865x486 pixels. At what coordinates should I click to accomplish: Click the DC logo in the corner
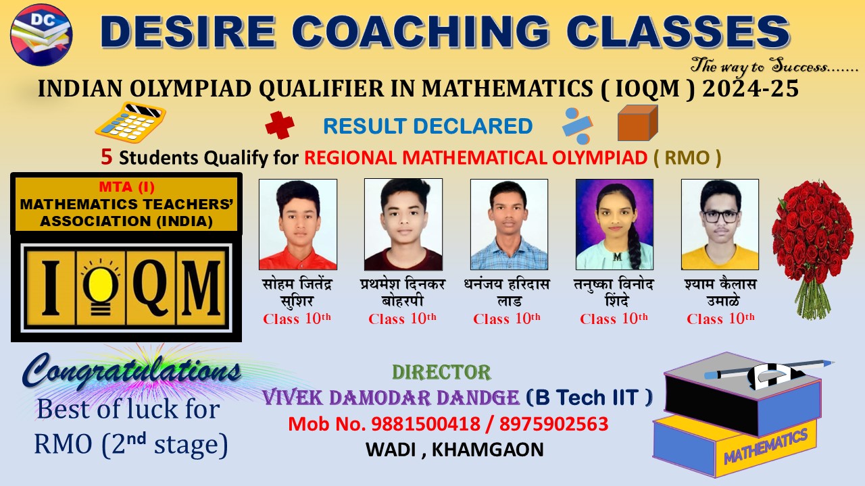click(x=41, y=35)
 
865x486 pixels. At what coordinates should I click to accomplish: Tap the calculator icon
click(x=130, y=123)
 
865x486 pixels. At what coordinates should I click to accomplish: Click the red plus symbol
click(x=280, y=125)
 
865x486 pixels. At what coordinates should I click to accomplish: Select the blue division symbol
click(x=577, y=126)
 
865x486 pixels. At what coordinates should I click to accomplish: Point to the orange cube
click(x=637, y=123)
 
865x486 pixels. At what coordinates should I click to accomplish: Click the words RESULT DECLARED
click(x=428, y=126)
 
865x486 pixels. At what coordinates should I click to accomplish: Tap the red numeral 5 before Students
click(x=107, y=157)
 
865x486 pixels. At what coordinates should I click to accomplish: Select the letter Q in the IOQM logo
click(x=151, y=288)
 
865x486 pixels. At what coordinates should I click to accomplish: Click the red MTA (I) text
click(x=126, y=187)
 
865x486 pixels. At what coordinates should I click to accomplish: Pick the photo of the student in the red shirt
click(x=298, y=224)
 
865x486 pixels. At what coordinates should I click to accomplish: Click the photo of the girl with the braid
click(x=614, y=224)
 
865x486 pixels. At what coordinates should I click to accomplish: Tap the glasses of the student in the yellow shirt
click(x=720, y=217)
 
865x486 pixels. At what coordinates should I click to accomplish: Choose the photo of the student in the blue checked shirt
click(x=509, y=224)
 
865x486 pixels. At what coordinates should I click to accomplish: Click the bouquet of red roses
click(x=812, y=249)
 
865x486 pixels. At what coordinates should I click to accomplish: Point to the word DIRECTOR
click(x=441, y=372)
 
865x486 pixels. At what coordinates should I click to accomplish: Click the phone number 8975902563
click(x=553, y=424)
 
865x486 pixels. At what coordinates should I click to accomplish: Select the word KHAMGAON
click(x=488, y=450)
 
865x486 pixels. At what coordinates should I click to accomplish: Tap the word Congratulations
click(x=131, y=371)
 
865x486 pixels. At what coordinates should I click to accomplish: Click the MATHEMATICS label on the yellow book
click(x=766, y=446)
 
